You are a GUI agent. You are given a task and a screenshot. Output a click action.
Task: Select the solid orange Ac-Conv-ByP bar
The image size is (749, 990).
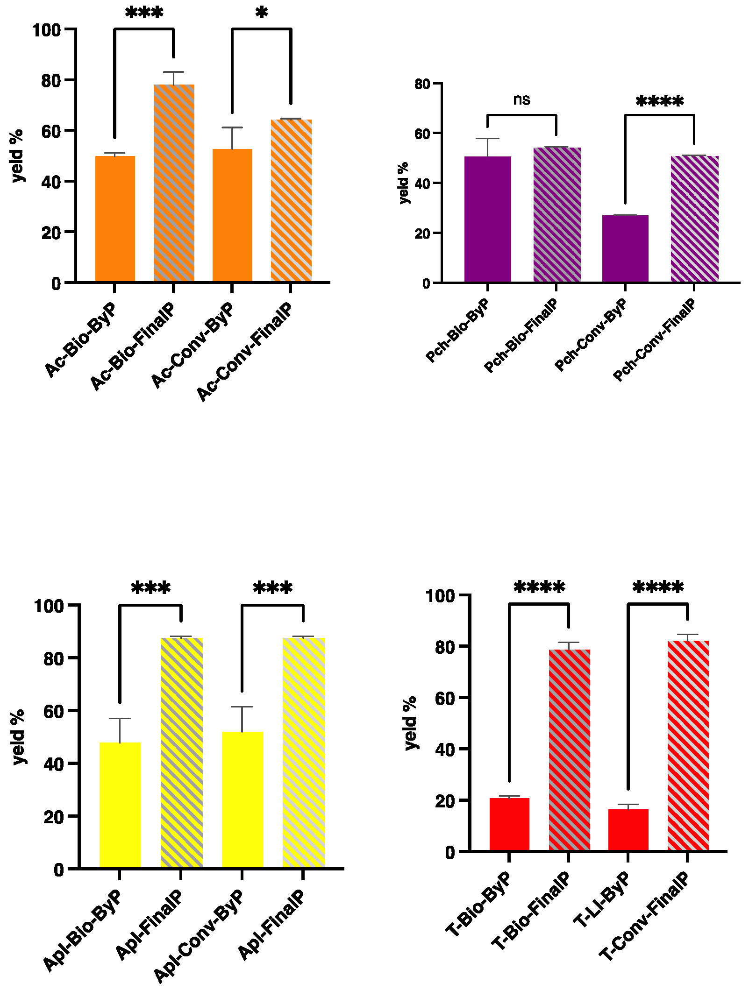[232, 215]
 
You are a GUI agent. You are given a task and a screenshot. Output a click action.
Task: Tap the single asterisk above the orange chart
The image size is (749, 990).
[262, 13]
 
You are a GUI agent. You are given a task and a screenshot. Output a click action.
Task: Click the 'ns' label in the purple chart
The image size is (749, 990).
[521, 99]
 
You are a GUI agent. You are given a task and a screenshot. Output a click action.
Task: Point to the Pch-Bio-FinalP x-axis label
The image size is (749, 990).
[521, 336]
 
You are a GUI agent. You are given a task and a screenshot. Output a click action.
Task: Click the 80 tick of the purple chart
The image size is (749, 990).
[422, 84]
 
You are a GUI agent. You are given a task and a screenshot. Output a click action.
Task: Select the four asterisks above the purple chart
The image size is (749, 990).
[660, 101]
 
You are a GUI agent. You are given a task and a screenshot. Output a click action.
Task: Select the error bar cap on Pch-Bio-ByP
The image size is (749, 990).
[487, 139]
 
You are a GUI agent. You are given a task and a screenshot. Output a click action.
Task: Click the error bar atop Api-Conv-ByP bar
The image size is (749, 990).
[242, 707]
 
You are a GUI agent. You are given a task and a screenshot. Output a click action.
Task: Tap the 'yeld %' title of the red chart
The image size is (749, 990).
[410, 723]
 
